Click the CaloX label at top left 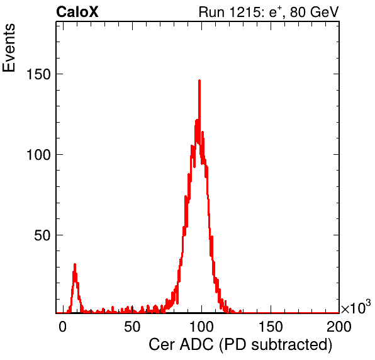pos(77,12)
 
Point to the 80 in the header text pos(297,12)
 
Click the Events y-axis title pos(9,48)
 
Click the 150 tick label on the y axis pos(38,74)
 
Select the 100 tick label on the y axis pos(38,155)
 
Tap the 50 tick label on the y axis pos(43,235)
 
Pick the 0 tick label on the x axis pos(63,327)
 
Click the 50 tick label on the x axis pos(132,327)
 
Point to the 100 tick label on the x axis pos(201,327)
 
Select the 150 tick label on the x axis pos(271,327)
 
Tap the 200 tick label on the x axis pos(339,327)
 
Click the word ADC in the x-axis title pos(196,345)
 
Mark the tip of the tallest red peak pos(199,81)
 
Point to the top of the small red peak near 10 pos(75,264)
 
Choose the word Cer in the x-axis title pos(162,345)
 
